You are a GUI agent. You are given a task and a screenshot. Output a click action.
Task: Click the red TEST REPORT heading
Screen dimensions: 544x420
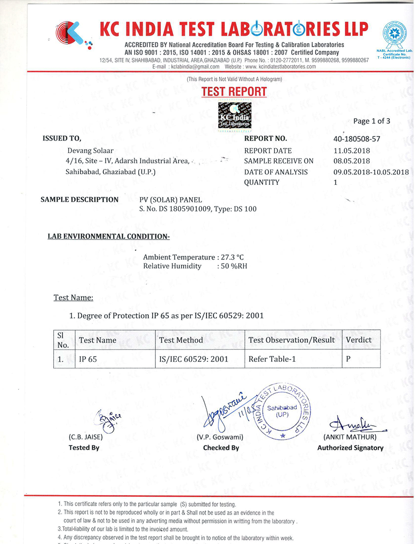coord(234,92)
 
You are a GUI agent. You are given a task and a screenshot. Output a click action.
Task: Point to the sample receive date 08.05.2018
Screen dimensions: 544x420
coord(349,161)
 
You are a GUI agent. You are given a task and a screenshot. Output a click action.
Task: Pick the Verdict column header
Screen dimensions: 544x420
coord(358,340)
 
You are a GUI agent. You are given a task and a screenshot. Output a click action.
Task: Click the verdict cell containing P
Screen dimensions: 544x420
coord(348,360)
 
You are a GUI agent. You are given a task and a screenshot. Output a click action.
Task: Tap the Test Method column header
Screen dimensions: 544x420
coord(181,340)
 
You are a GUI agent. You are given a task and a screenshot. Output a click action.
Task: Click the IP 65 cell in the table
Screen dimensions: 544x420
coord(88,360)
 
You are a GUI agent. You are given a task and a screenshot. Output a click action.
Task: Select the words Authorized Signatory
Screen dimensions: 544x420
coord(350,448)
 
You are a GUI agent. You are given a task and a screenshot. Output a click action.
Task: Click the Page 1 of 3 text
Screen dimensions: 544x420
coord(372,121)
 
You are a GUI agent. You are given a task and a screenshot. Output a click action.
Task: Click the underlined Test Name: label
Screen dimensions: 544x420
coord(73,297)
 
